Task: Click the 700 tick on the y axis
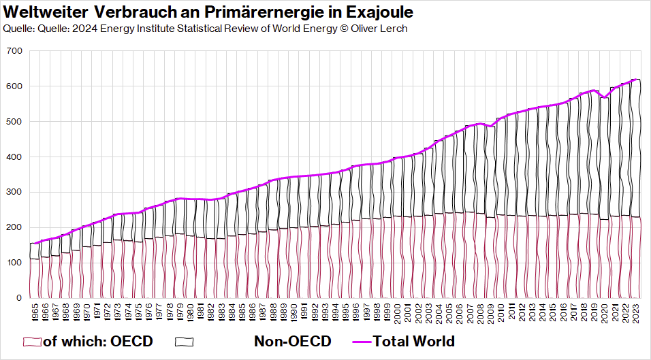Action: click(x=15, y=51)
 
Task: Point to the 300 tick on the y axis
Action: click(x=15, y=192)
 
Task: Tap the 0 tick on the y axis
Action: click(x=20, y=298)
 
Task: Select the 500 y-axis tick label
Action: click(x=15, y=122)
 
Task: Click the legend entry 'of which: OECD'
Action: click(x=97, y=341)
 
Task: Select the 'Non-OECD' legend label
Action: click(x=293, y=341)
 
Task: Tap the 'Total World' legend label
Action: click(x=413, y=341)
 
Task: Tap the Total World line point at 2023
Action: click(x=635, y=80)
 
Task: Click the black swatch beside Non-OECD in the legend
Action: click(x=185, y=341)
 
